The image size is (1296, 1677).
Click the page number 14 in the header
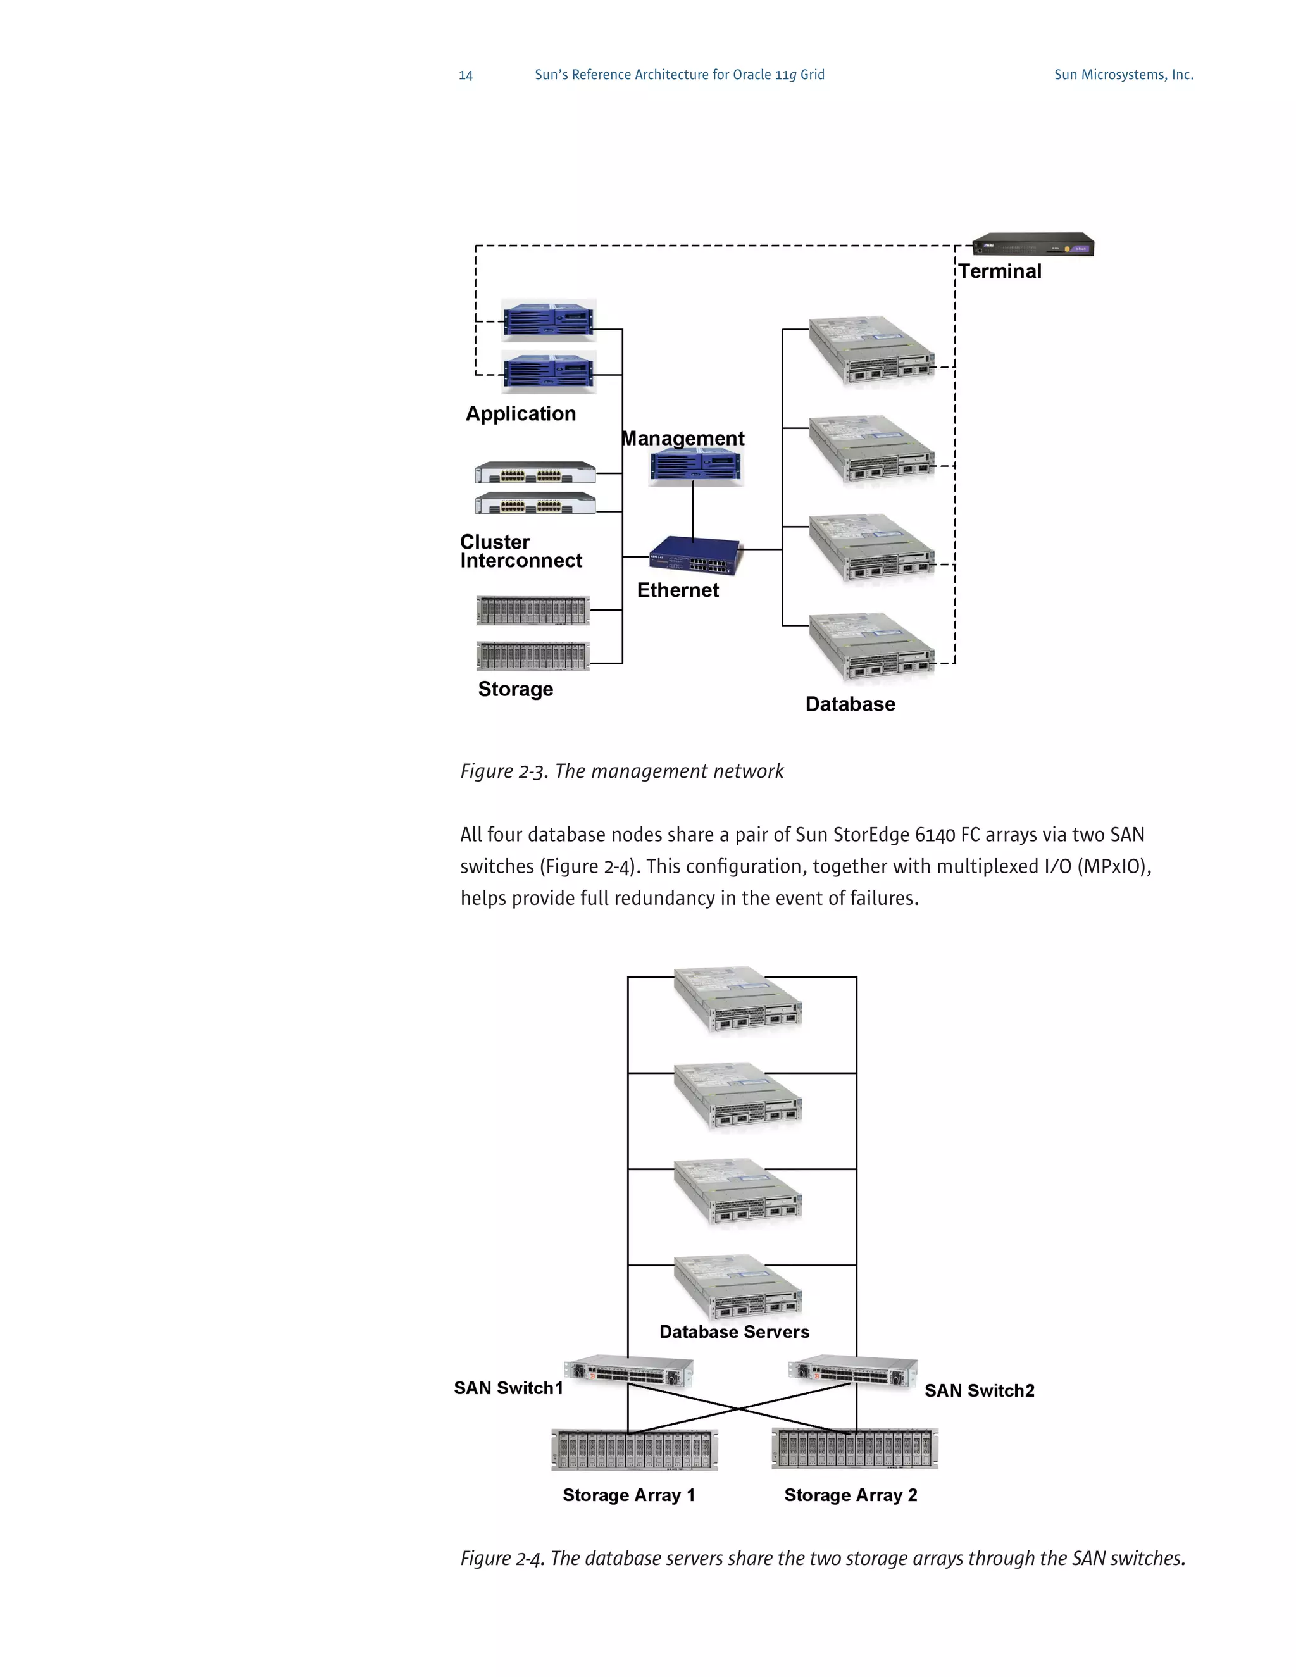pyautogui.click(x=465, y=75)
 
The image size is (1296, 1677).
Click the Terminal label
pyautogui.click(x=1000, y=271)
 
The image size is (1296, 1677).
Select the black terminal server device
pyautogui.click(x=1033, y=244)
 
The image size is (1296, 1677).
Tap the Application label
pyautogui.click(x=521, y=413)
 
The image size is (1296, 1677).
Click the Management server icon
pyautogui.click(x=695, y=466)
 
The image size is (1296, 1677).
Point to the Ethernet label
pyautogui.click(x=677, y=590)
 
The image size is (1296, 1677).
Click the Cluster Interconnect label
pyautogui.click(x=521, y=551)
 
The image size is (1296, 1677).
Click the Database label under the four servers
pyautogui.click(x=850, y=704)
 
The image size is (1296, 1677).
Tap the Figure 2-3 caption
pyautogui.click(x=621, y=771)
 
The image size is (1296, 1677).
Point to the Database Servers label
pyautogui.click(x=734, y=1331)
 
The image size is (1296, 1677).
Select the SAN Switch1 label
pyautogui.click(x=508, y=1388)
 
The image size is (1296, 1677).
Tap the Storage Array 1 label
pyautogui.click(x=628, y=1494)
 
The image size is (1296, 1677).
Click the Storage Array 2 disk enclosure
pyautogui.click(x=854, y=1449)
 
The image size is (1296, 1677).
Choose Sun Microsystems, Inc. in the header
pyautogui.click(x=1123, y=75)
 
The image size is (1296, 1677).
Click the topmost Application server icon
pyautogui.click(x=548, y=320)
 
